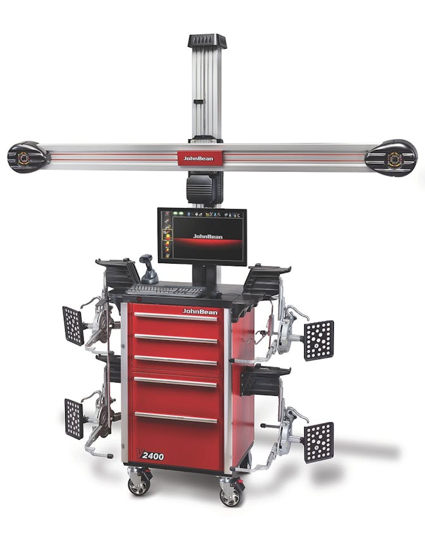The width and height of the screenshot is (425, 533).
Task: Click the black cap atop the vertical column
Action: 207,41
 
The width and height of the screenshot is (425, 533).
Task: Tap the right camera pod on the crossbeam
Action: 391,157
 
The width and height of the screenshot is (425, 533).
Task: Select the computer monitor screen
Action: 202,236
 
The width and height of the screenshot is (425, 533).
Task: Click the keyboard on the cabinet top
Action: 166,290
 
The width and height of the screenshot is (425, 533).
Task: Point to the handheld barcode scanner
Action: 149,271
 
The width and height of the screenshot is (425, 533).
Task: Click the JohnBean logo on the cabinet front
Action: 200,311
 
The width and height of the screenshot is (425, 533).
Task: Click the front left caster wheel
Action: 139,485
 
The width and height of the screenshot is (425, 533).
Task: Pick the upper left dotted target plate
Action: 73,326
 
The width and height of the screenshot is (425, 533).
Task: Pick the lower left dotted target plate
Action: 74,418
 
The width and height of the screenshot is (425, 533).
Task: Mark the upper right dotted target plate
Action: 319,340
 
